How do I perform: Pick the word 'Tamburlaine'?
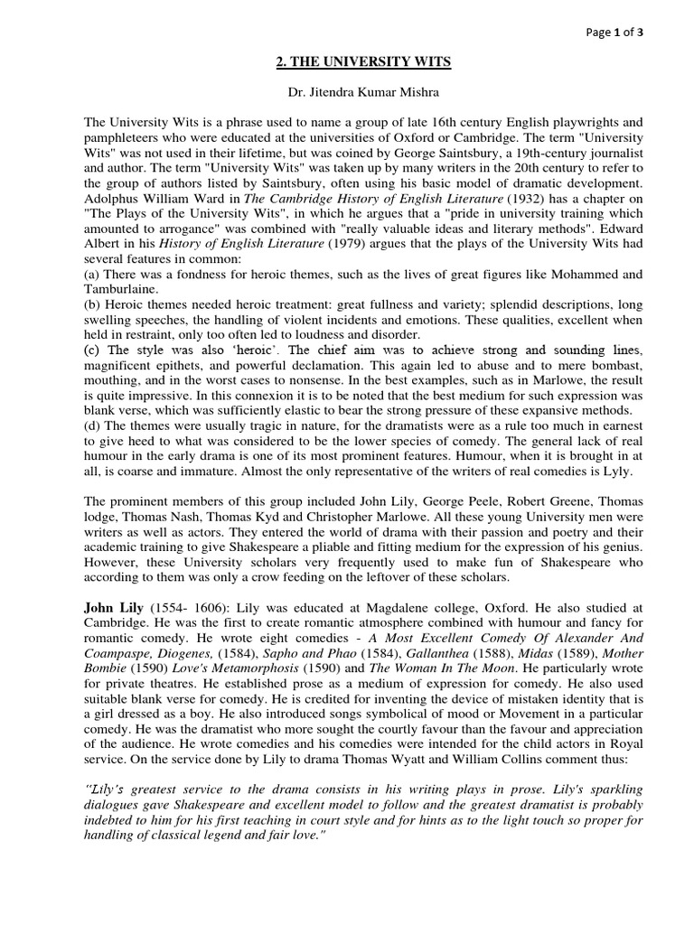[122, 288]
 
